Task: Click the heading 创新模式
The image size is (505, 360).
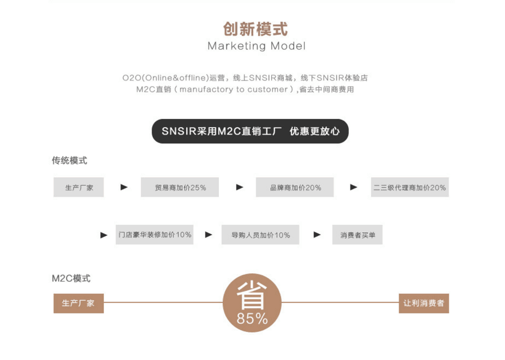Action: coord(255,29)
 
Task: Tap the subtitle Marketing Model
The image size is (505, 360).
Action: coord(256,46)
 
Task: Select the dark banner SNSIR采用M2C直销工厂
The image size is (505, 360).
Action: coord(250,131)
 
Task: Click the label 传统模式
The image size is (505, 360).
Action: coord(70,160)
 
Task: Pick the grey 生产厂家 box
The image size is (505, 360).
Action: coord(79,187)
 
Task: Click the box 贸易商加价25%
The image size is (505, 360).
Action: coord(180,187)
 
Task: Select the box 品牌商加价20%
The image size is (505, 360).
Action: coord(295,187)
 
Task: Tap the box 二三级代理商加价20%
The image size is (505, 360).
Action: coord(410,187)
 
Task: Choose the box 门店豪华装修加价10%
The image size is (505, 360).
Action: coord(155,235)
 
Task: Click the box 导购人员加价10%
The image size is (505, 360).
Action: coord(260,235)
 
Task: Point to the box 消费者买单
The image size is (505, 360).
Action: coord(357,235)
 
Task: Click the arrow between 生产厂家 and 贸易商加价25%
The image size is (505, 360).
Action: coord(124,187)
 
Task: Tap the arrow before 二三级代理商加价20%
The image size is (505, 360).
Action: coord(353,187)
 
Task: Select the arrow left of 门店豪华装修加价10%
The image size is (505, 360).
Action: coord(104,235)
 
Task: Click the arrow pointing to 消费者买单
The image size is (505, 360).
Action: coord(317,235)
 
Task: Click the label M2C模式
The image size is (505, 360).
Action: coord(71,278)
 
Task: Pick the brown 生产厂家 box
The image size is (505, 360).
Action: coord(79,303)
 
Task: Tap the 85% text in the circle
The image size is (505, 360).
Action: coord(252,319)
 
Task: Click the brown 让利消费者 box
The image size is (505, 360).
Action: coord(424,303)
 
